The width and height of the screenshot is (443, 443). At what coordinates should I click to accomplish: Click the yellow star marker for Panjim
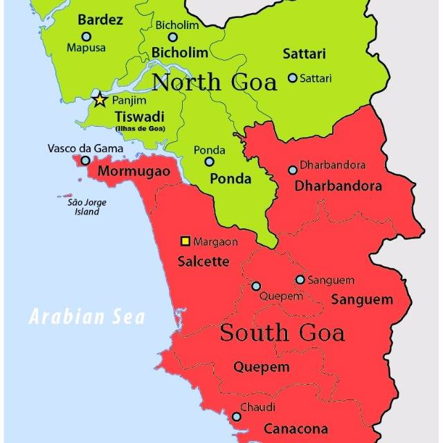point(100,100)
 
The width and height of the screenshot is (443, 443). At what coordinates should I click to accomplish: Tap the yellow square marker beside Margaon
point(185,241)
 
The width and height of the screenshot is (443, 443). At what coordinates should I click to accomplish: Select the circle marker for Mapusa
point(87,36)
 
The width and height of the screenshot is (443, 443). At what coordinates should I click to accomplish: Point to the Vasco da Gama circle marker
point(85,161)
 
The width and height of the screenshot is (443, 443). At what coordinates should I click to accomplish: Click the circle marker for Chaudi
point(237,417)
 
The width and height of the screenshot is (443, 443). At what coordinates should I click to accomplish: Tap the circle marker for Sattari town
point(292,78)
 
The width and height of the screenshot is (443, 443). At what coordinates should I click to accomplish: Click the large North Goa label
point(214,82)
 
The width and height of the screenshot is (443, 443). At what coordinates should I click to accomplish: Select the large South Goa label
point(282,333)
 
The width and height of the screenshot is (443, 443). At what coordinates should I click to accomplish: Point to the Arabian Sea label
point(87,318)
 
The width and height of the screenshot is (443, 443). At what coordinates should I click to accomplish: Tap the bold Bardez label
point(100,19)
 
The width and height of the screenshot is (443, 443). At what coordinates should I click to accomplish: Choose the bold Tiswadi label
point(139,116)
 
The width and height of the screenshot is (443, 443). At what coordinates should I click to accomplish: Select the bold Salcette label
point(204,262)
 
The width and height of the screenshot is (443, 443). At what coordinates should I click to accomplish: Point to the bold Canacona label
point(296,428)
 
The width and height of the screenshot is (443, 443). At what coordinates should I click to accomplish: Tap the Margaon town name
point(215,242)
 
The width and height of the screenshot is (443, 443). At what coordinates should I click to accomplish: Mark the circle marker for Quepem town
point(256,286)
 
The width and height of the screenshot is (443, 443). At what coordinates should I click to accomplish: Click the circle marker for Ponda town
point(209,161)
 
